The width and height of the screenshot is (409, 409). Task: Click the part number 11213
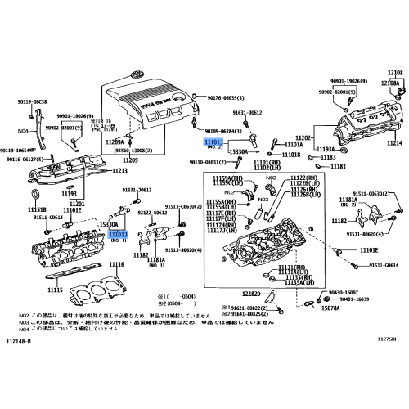coord(119,171)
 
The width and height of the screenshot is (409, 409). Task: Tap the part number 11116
coord(116,265)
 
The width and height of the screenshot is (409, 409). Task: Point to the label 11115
coord(55,290)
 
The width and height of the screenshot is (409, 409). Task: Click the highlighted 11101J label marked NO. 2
coord(213,142)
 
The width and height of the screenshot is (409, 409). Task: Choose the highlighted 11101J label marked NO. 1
coord(118,233)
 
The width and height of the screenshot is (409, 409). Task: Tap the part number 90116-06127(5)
coord(24,160)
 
